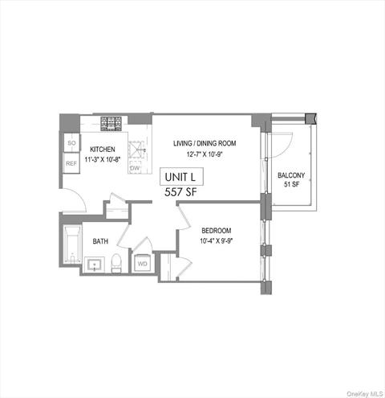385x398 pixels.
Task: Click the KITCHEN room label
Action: click(x=103, y=149)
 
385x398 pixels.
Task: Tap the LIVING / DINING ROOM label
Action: click(x=205, y=144)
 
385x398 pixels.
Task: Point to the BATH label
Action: click(x=100, y=240)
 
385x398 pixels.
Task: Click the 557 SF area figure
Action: click(x=180, y=193)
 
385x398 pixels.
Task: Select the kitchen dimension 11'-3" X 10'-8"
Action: click(x=103, y=158)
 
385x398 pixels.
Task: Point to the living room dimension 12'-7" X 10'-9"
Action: click(x=205, y=154)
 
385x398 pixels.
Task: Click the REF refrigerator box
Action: click(x=71, y=163)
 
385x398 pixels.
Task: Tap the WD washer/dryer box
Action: click(x=142, y=262)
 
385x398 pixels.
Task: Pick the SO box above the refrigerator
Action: click(x=71, y=143)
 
